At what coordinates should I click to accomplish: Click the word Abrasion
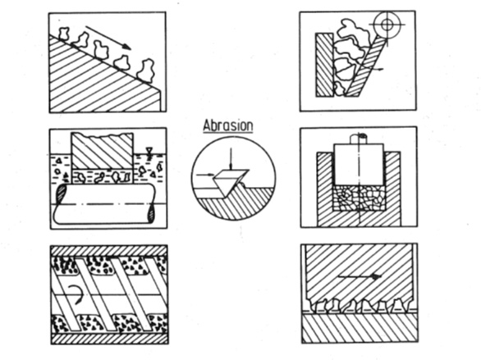click(228, 126)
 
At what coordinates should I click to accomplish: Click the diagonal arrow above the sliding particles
click(108, 38)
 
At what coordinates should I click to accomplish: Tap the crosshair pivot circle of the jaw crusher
click(387, 25)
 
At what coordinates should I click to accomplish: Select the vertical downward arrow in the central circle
click(231, 158)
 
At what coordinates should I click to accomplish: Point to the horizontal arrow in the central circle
click(205, 175)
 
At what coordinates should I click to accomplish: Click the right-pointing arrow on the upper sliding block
click(360, 276)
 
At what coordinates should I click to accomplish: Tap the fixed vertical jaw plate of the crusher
click(324, 65)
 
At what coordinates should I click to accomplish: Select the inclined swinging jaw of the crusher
click(365, 66)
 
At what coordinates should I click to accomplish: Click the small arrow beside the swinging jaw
click(377, 69)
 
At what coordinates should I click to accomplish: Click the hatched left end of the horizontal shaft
click(61, 195)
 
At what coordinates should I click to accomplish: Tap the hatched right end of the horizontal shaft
click(152, 213)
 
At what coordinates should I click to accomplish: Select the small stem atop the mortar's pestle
click(359, 139)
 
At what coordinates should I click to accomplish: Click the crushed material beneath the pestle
click(359, 198)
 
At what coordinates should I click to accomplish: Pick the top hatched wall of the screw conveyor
click(109, 251)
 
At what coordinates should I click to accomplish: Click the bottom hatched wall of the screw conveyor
click(109, 339)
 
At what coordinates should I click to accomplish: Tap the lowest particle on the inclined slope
click(145, 71)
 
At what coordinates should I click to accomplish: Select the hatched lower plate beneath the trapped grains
click(360, 328)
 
